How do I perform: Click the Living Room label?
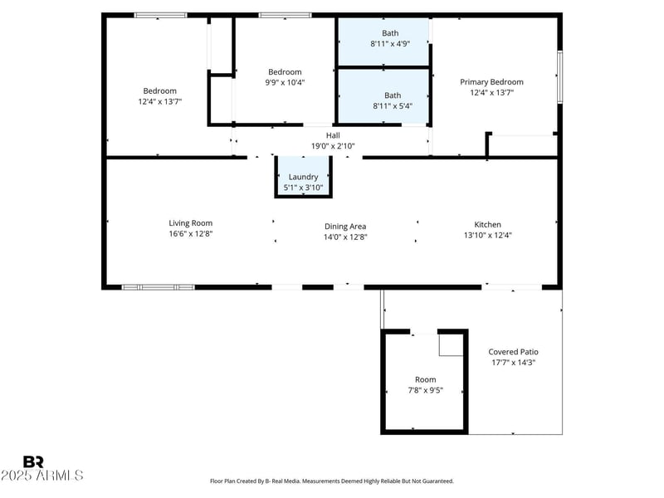[x=191, y=222]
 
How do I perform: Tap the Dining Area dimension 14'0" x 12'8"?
[x=345, y=237]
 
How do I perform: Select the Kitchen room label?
[x=487, y=224]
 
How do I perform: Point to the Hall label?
[x=333, y=135]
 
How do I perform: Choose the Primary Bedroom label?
[x=491, y=82]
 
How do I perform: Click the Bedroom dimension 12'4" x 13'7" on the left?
[x=159, y=101]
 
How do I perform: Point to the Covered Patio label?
[x=513, y=352]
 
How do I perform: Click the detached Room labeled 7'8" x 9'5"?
[x=424, y=384]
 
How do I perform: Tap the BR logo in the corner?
[x=33, y=461]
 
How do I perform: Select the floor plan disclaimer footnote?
[x=332, y=481]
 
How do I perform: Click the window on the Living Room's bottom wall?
[x=158, y=287]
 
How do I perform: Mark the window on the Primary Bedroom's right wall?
[x=560, y=76]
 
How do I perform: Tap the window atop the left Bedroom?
[x=160, y=14]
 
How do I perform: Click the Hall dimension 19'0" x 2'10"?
[x=333, y=146]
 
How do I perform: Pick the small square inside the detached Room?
[x=450, y=344]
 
